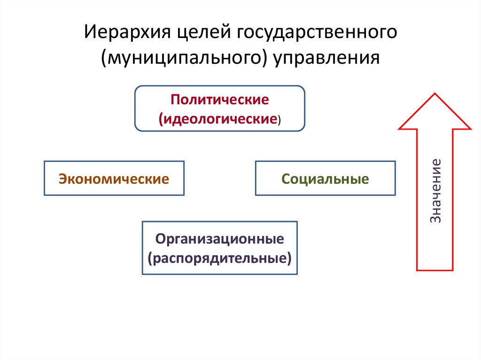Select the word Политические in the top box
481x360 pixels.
tap(220, 100)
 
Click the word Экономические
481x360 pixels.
tap(114, 179)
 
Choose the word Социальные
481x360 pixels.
tap(325, 179)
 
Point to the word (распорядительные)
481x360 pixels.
tap(220, 258)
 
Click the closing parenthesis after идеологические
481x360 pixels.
tap(279, 120)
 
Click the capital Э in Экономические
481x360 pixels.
tap(62, 179)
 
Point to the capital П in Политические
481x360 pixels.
tap(175, 100)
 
